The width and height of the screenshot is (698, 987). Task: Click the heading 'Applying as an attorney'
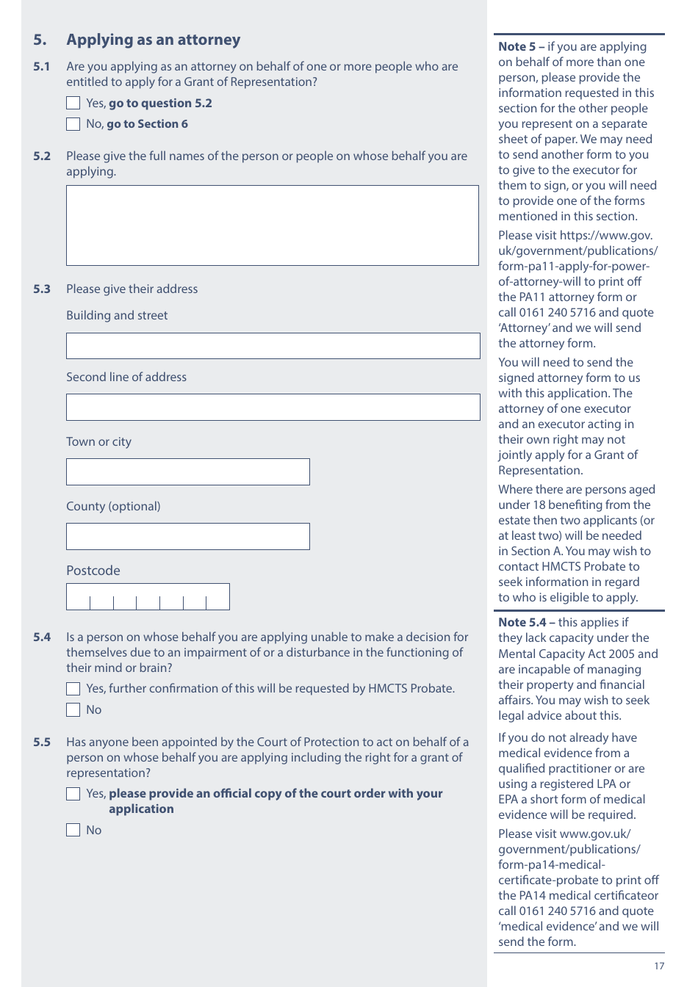[x=153, y=40]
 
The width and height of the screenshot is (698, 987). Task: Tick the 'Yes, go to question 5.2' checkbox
[x=73, y=104]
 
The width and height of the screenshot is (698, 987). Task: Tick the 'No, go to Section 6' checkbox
[x=73, y=124]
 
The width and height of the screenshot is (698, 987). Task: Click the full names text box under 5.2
[x=272, y=225]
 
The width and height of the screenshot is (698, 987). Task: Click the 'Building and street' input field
[x=273, y=346]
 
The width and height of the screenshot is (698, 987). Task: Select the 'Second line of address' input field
[x=273, y=407]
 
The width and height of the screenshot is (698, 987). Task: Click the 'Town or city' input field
[x=187, y=471]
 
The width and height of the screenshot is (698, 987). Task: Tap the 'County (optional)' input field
[x=187, y=536]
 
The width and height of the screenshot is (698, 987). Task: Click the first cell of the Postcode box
[x=79, y=597]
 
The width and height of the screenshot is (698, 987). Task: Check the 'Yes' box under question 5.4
[x=73, y=689]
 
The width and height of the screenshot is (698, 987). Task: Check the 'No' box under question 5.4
[x=73, y=710]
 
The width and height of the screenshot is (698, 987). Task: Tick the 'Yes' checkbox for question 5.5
[x=73, y=794]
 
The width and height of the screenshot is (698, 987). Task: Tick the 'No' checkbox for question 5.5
[x=73, y=831]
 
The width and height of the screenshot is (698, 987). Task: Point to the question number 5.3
[x=42, y=289]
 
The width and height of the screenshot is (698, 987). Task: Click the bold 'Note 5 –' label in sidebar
[x=521, y=47]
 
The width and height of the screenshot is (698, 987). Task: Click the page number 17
[x=659, y=966]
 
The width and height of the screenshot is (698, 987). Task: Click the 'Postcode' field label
[x=93, y=571]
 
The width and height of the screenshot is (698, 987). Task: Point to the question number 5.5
[x=42, y=742]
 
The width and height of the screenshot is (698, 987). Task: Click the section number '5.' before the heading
[x=40, y=40]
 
